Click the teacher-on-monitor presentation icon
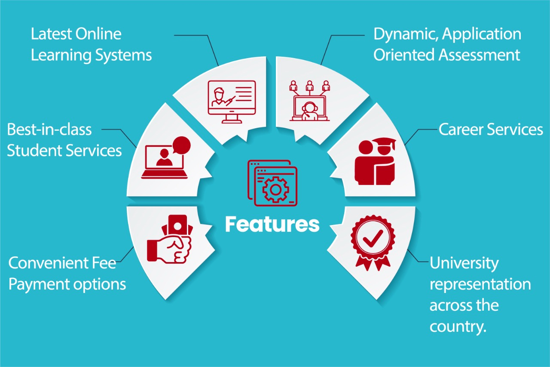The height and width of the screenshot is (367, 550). (232, 102)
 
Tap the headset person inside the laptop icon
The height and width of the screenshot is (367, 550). (309, 111)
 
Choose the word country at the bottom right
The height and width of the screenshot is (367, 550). (458, 327)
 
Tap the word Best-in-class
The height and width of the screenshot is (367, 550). (49, 129)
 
